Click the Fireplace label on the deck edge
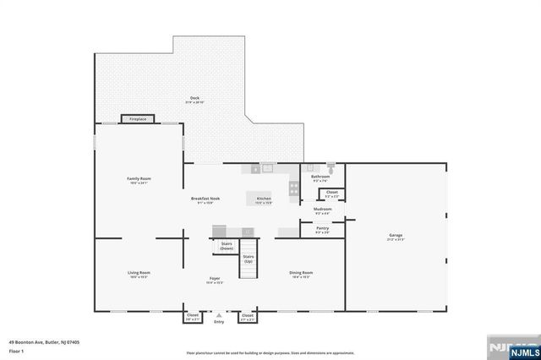click(138, 120)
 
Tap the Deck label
click(194, 99)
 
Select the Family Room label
click(139, 179)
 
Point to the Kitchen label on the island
click(264, 199)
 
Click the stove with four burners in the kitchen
click(293, 188)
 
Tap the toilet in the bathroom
click(331, 167)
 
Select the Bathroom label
click(320, 177)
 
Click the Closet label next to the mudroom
click(332, 193)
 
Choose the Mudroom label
click(323, 209)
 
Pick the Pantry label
click(322, 228)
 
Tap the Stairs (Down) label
click(227, 246)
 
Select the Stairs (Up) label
click(249, 259)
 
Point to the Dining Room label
click(301, 273)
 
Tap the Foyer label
click(216, 279)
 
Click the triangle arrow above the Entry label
click(219, 314)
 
